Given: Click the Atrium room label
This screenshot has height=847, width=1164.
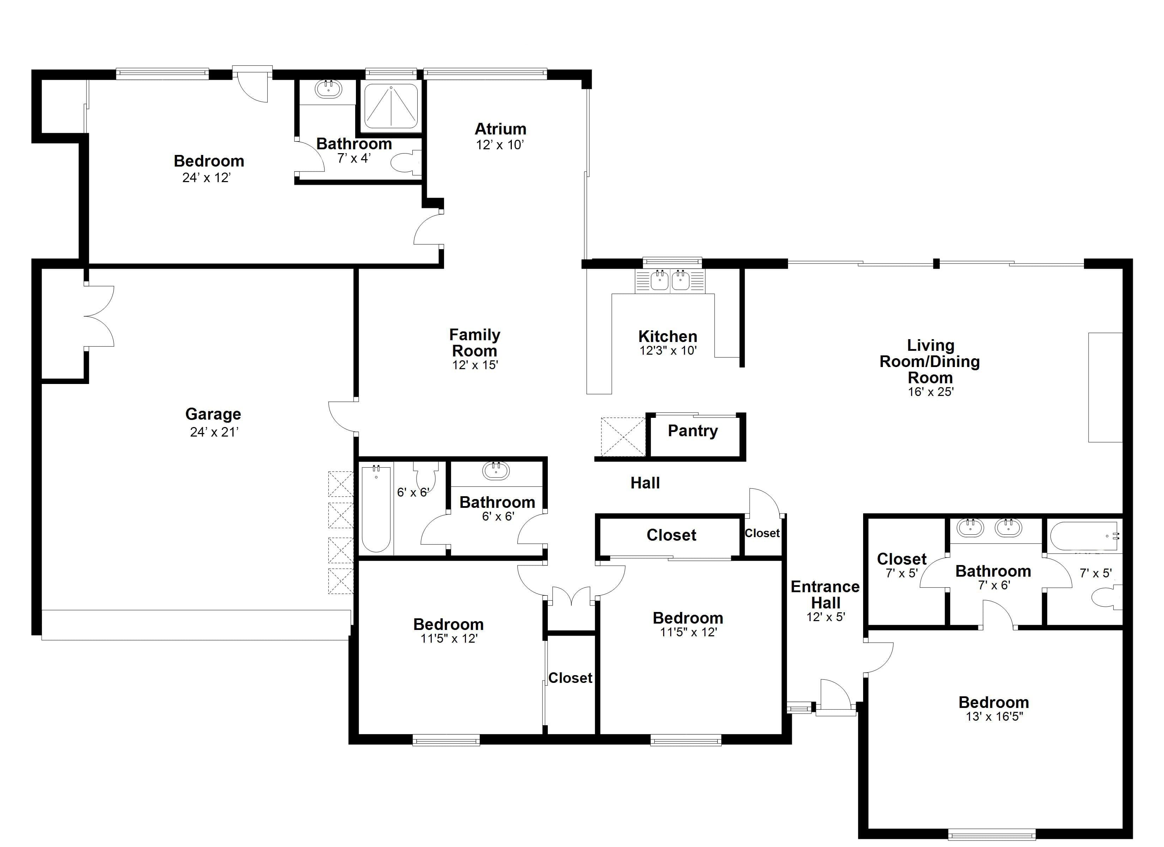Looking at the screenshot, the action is (x=501, y=128).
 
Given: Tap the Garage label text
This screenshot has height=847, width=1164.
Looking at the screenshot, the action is (x=213, y=414).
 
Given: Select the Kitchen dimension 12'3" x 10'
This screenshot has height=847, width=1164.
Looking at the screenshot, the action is (x=668, y=351).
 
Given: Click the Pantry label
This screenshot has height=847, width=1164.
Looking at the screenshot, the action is (x=692, y=431).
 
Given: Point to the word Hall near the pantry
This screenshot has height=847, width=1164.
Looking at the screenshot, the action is (x=645, y=483).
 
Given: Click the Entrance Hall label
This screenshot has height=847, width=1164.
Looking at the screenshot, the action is (x=825, y=595).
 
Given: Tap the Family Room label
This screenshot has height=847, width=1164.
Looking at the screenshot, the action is (x=475, y=343).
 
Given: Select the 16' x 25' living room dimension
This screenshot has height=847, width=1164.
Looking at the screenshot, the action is (x=930, y=392).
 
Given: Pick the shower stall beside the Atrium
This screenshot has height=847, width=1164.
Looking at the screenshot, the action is (x=391, y=106).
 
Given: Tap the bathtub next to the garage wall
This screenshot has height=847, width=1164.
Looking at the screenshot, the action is (x=376, y=508).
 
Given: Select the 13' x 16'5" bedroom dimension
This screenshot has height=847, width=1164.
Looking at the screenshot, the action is (x=994, y=716).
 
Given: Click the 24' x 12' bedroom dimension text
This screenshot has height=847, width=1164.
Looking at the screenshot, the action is (x=206, y=178).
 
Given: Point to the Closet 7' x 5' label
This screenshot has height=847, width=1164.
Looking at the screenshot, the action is (x=902, y=565).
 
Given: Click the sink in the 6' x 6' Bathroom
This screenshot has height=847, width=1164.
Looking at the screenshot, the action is (x=496, y=470).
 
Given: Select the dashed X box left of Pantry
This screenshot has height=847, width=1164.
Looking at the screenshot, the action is (x=623, y=437).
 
